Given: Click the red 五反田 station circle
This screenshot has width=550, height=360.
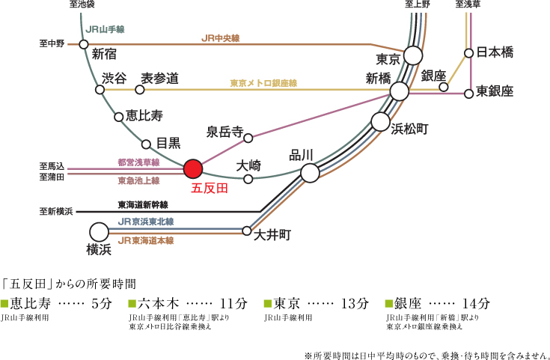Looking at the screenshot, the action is coord(193,168).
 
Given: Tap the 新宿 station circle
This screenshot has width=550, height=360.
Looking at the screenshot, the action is coord(84,45).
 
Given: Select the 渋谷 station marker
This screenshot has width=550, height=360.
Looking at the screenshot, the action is coord(100,90).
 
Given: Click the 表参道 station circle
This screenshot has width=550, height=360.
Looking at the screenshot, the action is coord(140,90).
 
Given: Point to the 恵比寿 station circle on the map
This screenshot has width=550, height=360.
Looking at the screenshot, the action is coord(119,118).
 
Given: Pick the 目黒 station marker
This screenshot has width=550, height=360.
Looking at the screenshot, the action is coord(146,144).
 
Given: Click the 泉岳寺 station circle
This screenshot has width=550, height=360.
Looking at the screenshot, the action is coord(248,138).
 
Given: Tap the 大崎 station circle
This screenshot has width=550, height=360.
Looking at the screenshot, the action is coord(248,179).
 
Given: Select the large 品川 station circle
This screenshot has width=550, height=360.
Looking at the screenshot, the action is coord(310,173).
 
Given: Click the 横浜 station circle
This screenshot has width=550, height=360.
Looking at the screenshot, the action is coord(100,232).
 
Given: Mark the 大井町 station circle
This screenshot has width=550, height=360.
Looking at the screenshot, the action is coord(247,231).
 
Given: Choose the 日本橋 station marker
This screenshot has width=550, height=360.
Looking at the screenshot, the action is coord(468,53).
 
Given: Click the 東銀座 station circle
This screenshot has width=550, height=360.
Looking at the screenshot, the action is coord(468,94).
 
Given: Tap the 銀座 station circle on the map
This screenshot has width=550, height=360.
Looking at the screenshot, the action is coord(444,87).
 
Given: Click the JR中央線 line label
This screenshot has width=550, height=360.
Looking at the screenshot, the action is coord(220,38).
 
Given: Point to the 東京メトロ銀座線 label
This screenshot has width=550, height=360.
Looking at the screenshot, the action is coord(263,83).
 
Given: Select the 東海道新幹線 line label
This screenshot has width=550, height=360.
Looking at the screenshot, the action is coord(143,205).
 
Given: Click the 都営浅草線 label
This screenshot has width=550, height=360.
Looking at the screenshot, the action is coord(138,162).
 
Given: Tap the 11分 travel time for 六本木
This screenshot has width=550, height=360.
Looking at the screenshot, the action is coord(233,304).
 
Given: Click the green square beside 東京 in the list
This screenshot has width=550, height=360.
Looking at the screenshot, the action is coord(267,304).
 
